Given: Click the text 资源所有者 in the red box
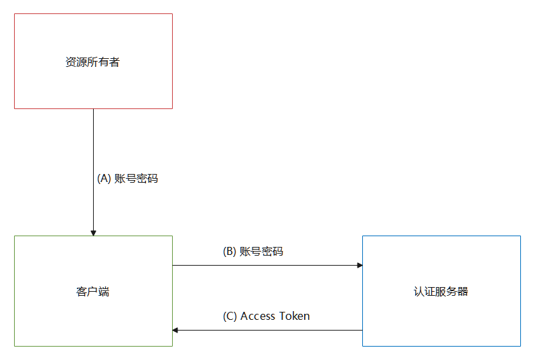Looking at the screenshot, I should tap(92, 62).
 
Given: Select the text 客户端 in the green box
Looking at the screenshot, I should tap(92, 291).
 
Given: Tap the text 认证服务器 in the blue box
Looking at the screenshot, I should tap(441, 291).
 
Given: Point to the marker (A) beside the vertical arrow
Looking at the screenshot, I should tap(104, 179).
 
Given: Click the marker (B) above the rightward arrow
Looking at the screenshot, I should tap(229, 252).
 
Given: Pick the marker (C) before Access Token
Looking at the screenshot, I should tap(230, 316).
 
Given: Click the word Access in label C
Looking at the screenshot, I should tap(258, 316).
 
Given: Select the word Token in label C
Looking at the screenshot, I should tap(294, 316).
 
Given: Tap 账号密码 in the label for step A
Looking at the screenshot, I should tap(136, 179).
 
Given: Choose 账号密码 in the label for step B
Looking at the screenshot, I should tap(261, 252).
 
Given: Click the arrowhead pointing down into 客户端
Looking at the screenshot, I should tap(93, 232).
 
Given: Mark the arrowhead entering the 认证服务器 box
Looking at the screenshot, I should tap(359, 266).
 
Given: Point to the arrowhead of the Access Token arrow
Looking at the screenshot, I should tap(176, 330).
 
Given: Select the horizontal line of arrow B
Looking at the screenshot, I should tap(268, 266).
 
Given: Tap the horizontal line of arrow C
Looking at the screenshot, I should tap(268, 330).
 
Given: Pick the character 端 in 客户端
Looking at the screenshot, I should tap(104, 291).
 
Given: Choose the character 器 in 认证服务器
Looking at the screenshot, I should tap(463, 291).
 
